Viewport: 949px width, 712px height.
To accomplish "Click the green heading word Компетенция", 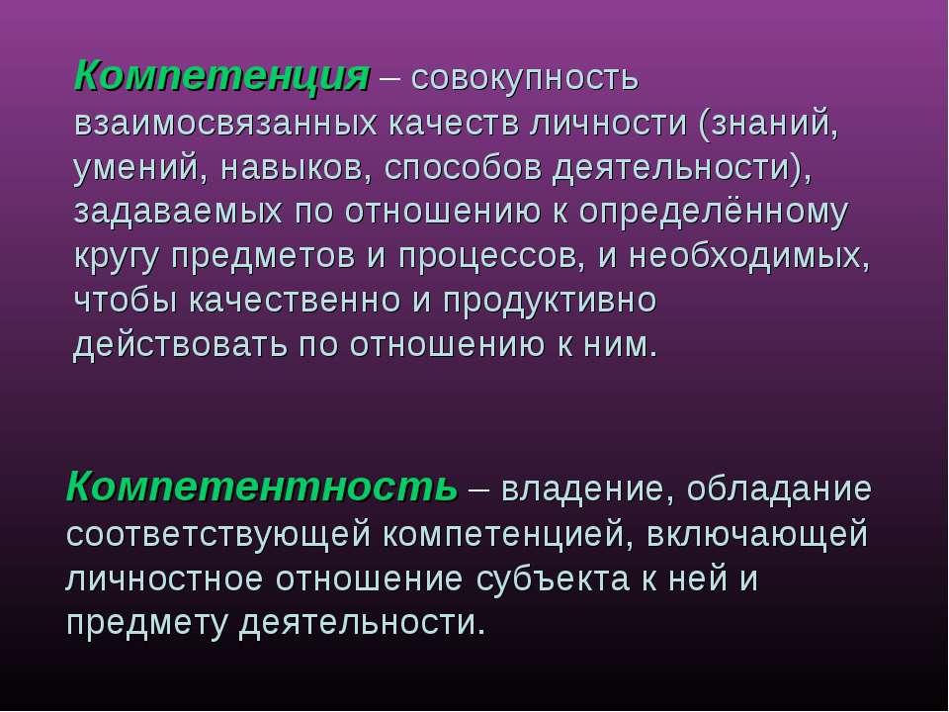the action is click(x=222, y=77).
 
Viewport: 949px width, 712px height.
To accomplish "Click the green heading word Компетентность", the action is click(x=262, y=487).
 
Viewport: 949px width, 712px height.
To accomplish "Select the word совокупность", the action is click(x=525, y=79).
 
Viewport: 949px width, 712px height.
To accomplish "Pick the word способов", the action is click(x=463, y=168).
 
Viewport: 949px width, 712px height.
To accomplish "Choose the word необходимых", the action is click(x=749, y=255).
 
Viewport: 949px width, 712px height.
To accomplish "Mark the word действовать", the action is click(x=180, y=345).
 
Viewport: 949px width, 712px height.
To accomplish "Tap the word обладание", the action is click(x=779, y=488).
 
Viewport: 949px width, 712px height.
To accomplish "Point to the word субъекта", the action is click(x=552, y=578).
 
